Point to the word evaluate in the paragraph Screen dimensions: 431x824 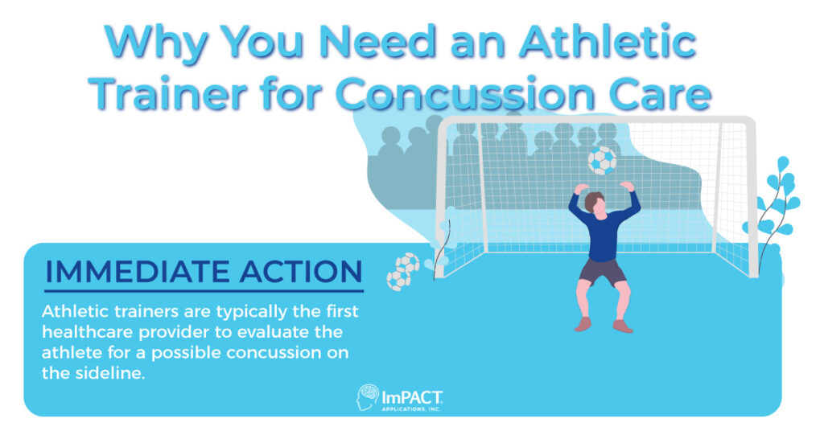pyautogui.click(x=291, y=332)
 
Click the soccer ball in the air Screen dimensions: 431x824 pyautogui.click(x=602, y=160)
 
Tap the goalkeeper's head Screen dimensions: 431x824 pyautogui.click(x=595, y=202)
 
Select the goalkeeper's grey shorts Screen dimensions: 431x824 pyautogui.click(x=602, y=272)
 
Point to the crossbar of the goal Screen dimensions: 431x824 pyautogui.click(x=595, y=121)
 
